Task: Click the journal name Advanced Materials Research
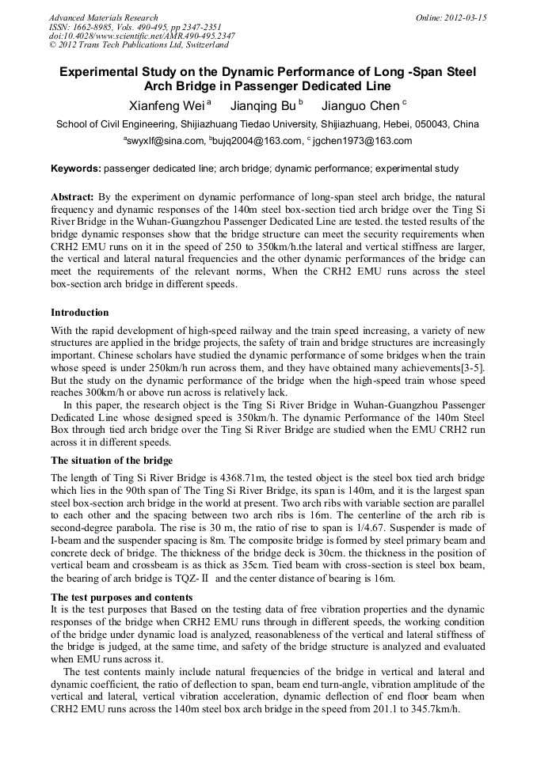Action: click(103, 17)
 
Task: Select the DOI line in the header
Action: click(142, 36)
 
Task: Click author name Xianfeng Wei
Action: click(166, 106)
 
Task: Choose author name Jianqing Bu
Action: click(263, 106)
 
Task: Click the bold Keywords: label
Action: click(76, 169)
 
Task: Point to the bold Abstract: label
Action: click(73, 195)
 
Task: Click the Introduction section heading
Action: click(80, 313)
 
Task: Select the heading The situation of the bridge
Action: click(112, 460)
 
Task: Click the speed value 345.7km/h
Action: click(431, 709)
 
